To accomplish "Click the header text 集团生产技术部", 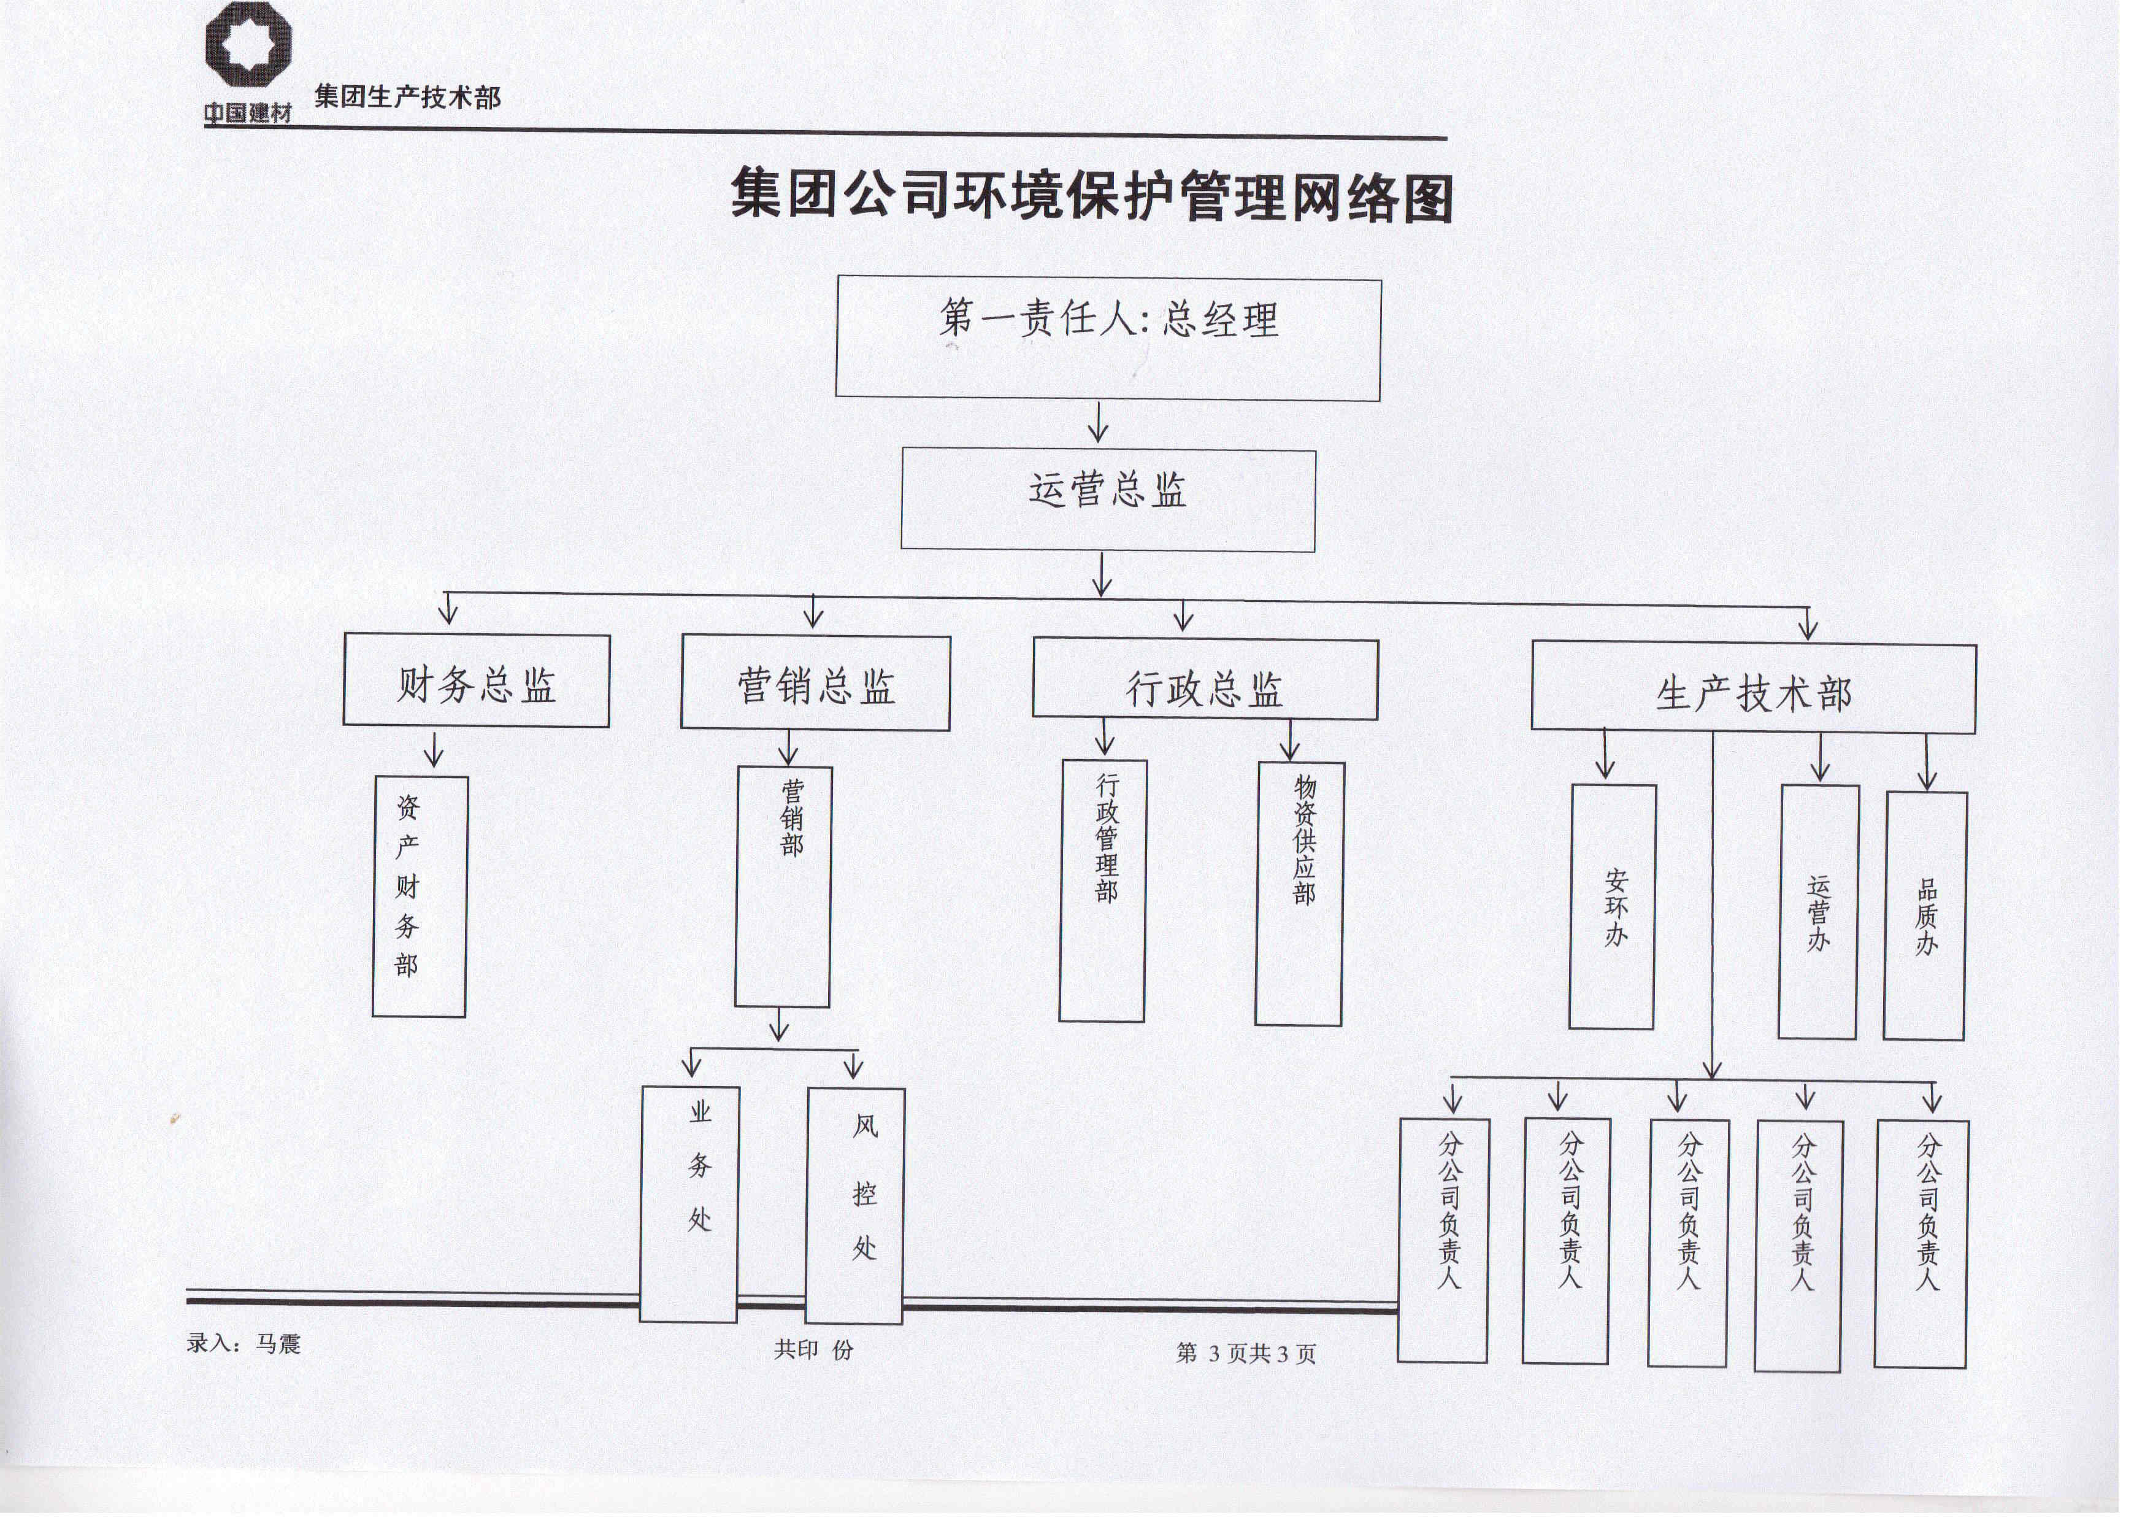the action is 408,96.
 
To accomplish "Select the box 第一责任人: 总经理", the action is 1108,339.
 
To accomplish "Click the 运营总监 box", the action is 1108,501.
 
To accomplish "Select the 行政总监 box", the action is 1205,680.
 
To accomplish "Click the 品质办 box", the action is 1925,916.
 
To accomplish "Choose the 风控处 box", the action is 855,1206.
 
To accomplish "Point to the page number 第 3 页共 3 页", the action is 1246,1353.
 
